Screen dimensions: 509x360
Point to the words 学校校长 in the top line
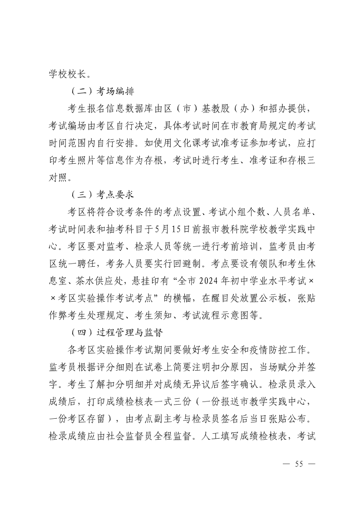(x=66, y=73)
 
